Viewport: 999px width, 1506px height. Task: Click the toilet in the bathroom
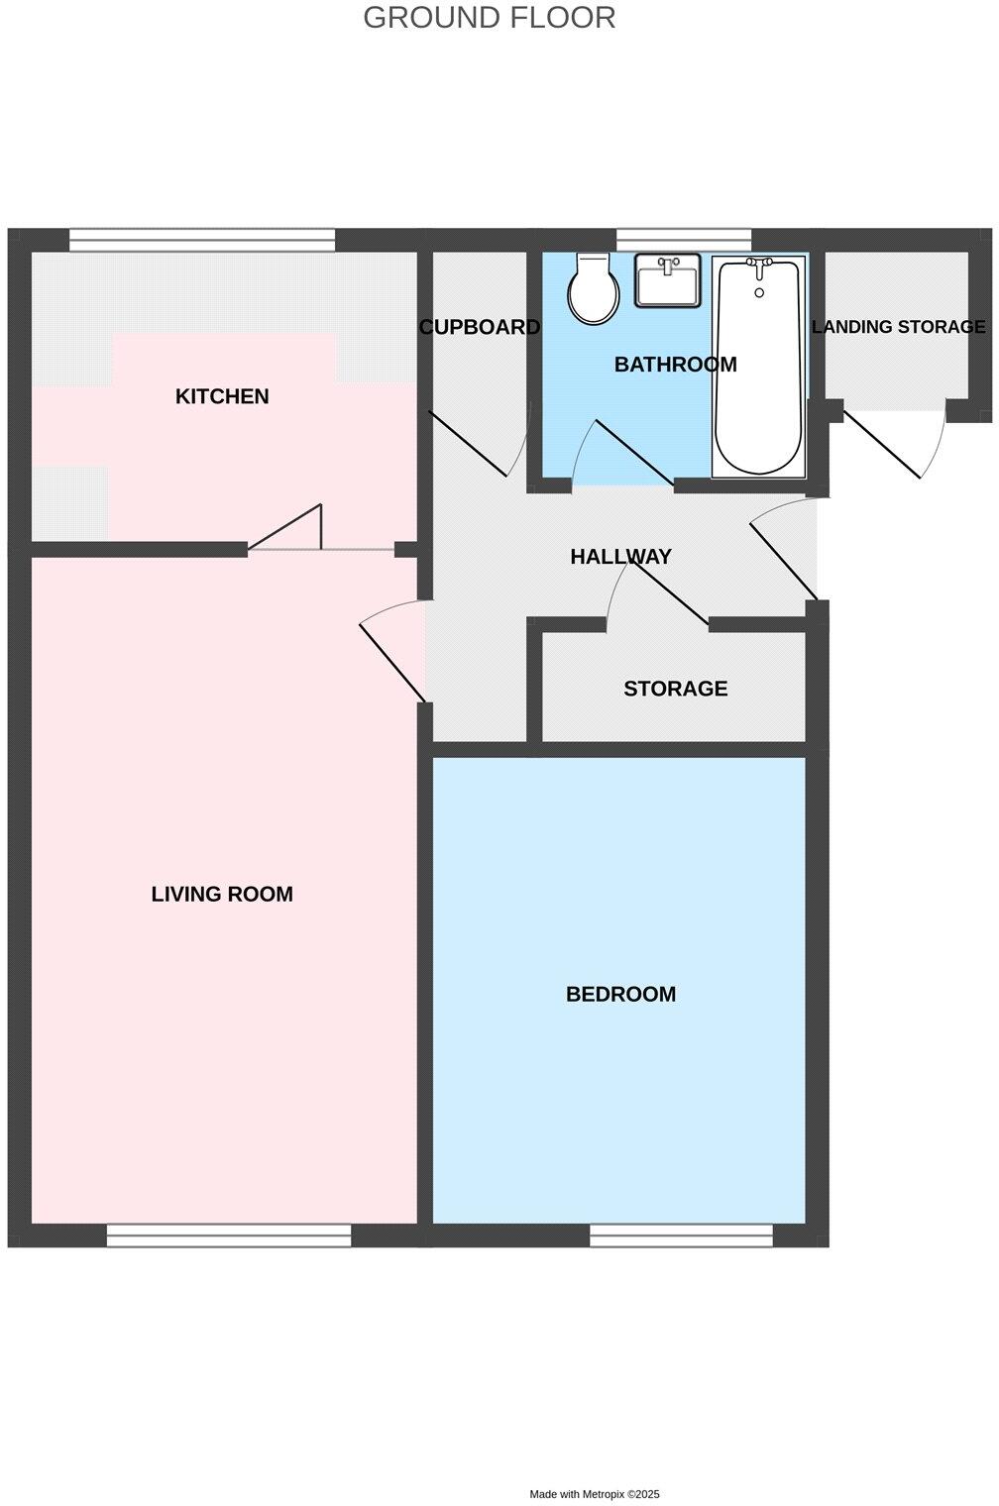pos(593,288)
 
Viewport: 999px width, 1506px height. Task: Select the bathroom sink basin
pos(667,280)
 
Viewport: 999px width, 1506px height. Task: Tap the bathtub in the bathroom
pos(758,367)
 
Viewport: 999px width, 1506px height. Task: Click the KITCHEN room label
pos(222,396)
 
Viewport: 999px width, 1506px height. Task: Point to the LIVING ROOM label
pos(222,894)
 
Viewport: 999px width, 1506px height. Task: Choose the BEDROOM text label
pos(621,995)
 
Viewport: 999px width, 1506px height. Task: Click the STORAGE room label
pos(676,689)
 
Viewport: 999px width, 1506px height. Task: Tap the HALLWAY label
pos(621,557)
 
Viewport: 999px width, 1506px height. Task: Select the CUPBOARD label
pos(480,327)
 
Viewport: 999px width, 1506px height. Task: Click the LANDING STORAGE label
pos(899,327)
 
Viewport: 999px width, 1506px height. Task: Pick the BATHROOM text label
pos(676,365)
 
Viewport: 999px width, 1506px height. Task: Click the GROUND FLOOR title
pos(489,18)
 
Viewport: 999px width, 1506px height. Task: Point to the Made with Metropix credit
pos(595,1494)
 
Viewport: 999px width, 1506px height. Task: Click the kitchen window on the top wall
pos(202,240)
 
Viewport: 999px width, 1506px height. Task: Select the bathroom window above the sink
pos(684,240)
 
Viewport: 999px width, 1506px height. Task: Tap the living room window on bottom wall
pos(229,1236)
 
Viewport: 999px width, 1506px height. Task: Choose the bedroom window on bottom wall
pos(682,1236)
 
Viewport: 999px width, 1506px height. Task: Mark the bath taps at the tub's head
pos(759,268)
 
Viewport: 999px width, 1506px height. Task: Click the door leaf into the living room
pos(392,664)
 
